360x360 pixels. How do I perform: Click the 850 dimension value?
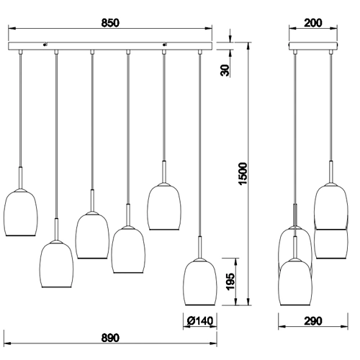click(109, 23)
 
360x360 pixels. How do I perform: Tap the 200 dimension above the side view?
click(313, 23)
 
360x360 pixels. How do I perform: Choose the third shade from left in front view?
click(92, 235)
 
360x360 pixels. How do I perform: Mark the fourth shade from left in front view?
click(128, 249)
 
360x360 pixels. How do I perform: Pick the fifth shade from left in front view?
click(164, 207)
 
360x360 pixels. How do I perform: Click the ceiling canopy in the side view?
click(313, 48)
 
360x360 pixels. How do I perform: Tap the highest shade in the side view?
click(331, 205)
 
